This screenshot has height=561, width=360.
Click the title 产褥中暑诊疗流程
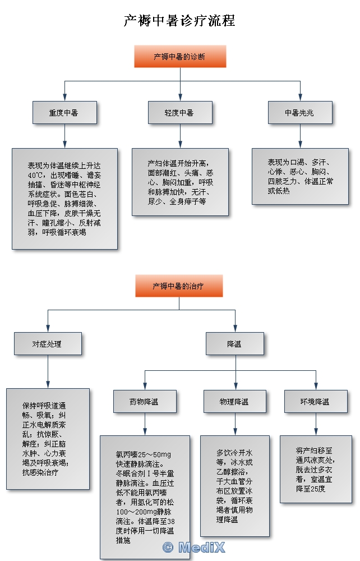click(x=179, y=21)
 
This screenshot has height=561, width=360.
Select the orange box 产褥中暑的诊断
click(x=180, y=57)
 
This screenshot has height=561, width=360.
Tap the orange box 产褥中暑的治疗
click(x=179, y=286)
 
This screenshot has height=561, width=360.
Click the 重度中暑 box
click(x=64, y=112)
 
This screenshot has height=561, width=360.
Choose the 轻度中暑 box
click(x=180, y=112)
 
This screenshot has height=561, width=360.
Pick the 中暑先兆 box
click(x=300, y=112)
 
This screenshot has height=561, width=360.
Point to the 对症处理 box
click(x=48, y=344)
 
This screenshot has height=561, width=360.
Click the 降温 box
click(x=235, y=344)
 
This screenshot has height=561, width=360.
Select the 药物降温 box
click(x=145, y=402)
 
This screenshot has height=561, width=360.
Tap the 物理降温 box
click(x=235, y=402)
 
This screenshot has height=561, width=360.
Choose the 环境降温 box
click(x=316, y=402)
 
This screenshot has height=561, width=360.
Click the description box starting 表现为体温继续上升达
click(x=64, y=199)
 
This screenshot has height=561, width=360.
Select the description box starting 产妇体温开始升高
click(x=180, y=182)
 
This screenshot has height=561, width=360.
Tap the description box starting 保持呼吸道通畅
click(x=48, y=439)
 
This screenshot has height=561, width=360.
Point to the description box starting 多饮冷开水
click(x=235, y=486)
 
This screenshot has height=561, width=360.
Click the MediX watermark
click(x=193, y=548)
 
